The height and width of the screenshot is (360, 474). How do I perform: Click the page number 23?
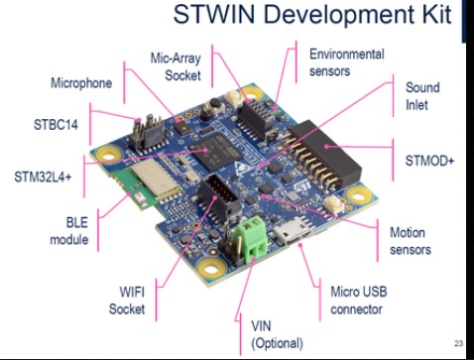458,343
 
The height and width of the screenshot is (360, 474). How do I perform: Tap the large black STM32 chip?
215,151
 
